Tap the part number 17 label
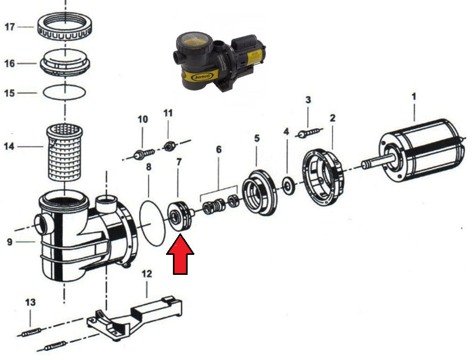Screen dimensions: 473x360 9,27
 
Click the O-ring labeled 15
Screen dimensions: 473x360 64,92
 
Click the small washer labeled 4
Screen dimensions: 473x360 289,186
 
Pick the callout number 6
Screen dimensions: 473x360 219,149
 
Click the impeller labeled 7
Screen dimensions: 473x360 180,216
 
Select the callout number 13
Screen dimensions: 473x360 30,302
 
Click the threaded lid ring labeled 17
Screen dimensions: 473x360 65,29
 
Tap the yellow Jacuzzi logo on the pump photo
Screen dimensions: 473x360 202,77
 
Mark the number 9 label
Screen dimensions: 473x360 9,242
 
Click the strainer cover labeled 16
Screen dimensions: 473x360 65,64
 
